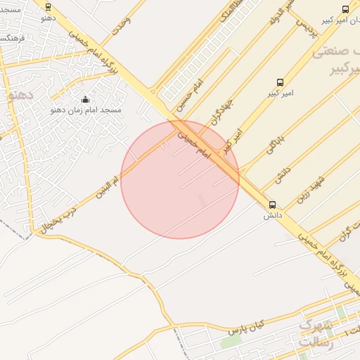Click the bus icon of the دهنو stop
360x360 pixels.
coord(48,7)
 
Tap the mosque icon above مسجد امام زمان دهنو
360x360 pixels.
coord(86,99)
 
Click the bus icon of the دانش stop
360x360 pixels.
coord(272,205)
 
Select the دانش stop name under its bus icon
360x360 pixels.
coord(272,216)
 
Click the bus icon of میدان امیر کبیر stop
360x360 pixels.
coord(345,9)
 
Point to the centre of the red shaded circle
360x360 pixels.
coord(180,179)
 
